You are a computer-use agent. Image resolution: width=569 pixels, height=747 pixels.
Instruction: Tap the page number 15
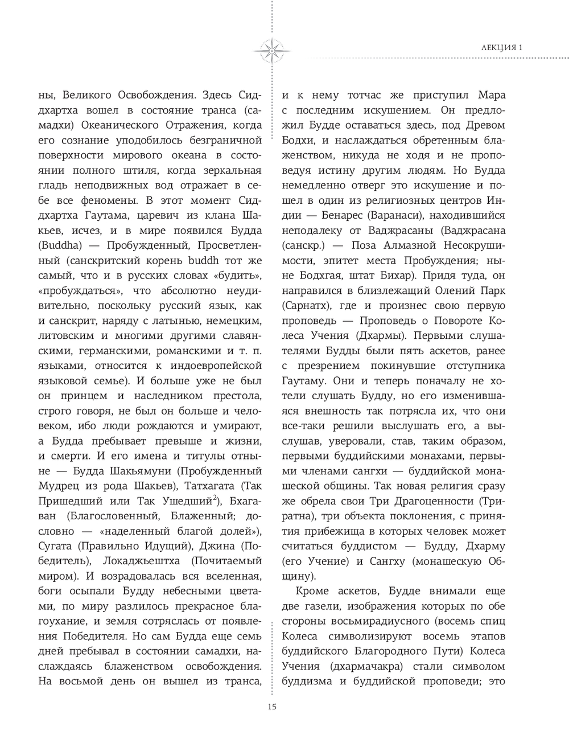click(271, 707)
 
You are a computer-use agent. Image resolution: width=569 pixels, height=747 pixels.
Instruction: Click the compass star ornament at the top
click(271, 50)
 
